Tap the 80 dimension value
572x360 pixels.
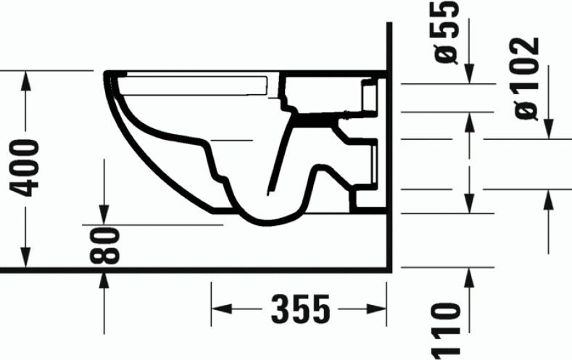click(x=106, y=246)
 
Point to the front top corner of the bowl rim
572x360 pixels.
click(x=107, y=75)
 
